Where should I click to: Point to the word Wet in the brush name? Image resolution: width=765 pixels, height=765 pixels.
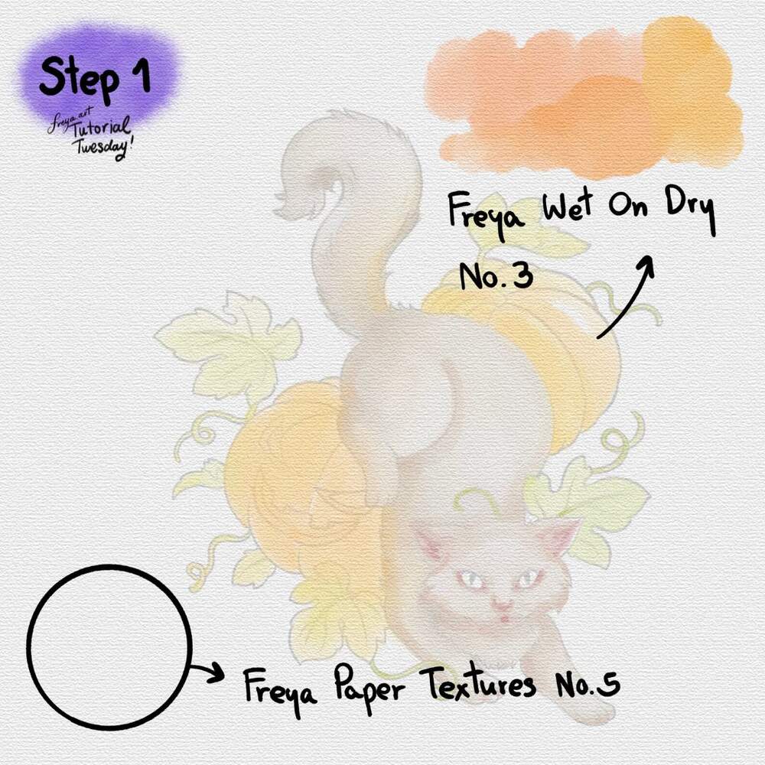pos(568,208)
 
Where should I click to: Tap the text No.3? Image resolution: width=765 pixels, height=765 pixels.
pos(496,276)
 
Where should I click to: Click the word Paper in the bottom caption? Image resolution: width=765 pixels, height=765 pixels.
pos(369,688)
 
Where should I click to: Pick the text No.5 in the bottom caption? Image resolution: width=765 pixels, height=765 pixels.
pos(588,683)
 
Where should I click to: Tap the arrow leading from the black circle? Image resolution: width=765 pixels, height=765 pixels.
pos(207,672)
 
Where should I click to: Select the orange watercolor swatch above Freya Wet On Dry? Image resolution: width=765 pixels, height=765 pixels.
pos(585,98)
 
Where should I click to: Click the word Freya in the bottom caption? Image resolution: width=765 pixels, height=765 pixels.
pos(279,688)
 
